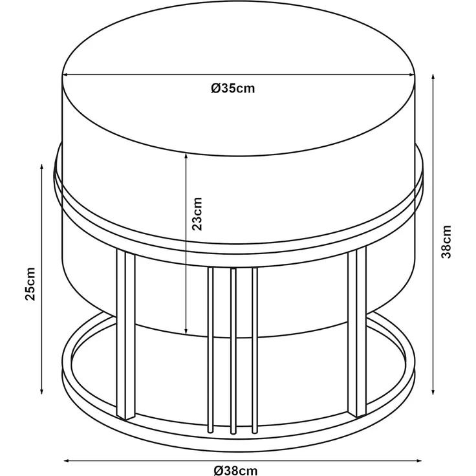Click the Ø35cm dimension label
coord(233,89)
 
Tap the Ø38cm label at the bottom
coord(235,471)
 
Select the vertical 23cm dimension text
coord(197,213)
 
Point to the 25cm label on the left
coord(30,284)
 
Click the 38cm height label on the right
coord(446,242)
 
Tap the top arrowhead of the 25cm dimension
coord(41,167)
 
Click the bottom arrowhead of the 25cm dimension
coord(41,391)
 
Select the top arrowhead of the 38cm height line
coord(433,77)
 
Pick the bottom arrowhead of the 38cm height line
coord(433,391)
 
